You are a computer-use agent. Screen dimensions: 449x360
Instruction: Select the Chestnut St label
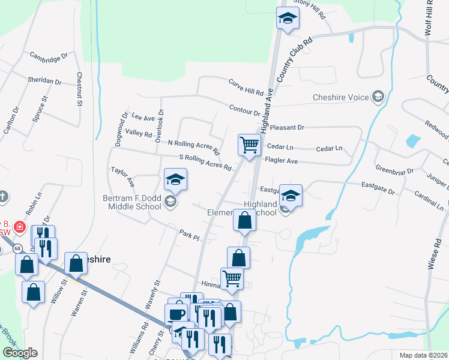79,89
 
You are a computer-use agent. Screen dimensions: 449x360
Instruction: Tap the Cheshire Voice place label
340,97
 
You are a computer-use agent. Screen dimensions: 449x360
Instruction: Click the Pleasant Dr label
288,128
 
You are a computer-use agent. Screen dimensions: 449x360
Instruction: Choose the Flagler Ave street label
281,161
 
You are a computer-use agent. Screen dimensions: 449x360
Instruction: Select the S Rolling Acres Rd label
205,161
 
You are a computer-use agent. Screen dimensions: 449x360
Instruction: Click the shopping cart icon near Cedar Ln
249,144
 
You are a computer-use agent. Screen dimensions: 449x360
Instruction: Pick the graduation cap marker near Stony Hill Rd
288,19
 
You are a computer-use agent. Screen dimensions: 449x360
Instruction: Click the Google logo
19,353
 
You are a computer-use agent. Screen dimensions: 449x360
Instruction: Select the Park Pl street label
188,235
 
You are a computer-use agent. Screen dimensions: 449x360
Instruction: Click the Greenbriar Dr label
394,169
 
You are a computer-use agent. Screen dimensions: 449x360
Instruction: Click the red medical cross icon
19,227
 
